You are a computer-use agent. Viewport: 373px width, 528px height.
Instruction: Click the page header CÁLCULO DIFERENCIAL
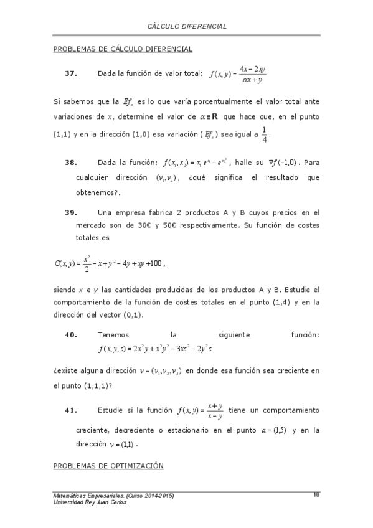coord(187,27)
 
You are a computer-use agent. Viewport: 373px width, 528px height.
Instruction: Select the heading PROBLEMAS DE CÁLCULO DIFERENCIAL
coord(123,49)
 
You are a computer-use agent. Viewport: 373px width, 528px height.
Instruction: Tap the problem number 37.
coord(70,73)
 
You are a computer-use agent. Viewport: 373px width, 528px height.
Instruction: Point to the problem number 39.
coord(70,212)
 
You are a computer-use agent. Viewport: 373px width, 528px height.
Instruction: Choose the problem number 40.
coord(70,334)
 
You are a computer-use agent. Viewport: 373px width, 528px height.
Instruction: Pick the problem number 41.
coord(70,410)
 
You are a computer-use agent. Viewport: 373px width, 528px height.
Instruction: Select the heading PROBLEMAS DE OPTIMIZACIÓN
coord(108,465)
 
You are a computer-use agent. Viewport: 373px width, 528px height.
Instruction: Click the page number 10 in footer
coord(316,494)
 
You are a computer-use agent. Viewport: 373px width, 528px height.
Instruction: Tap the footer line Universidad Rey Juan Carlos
coord(90,502)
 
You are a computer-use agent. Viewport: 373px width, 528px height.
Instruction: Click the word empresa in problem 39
coord(131,212)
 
